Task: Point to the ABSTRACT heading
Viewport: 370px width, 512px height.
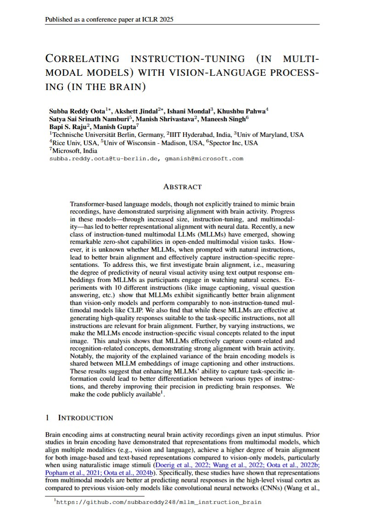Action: click(x=182, y=187)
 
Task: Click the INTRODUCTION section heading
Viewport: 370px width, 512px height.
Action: click(x=85, y=418)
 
